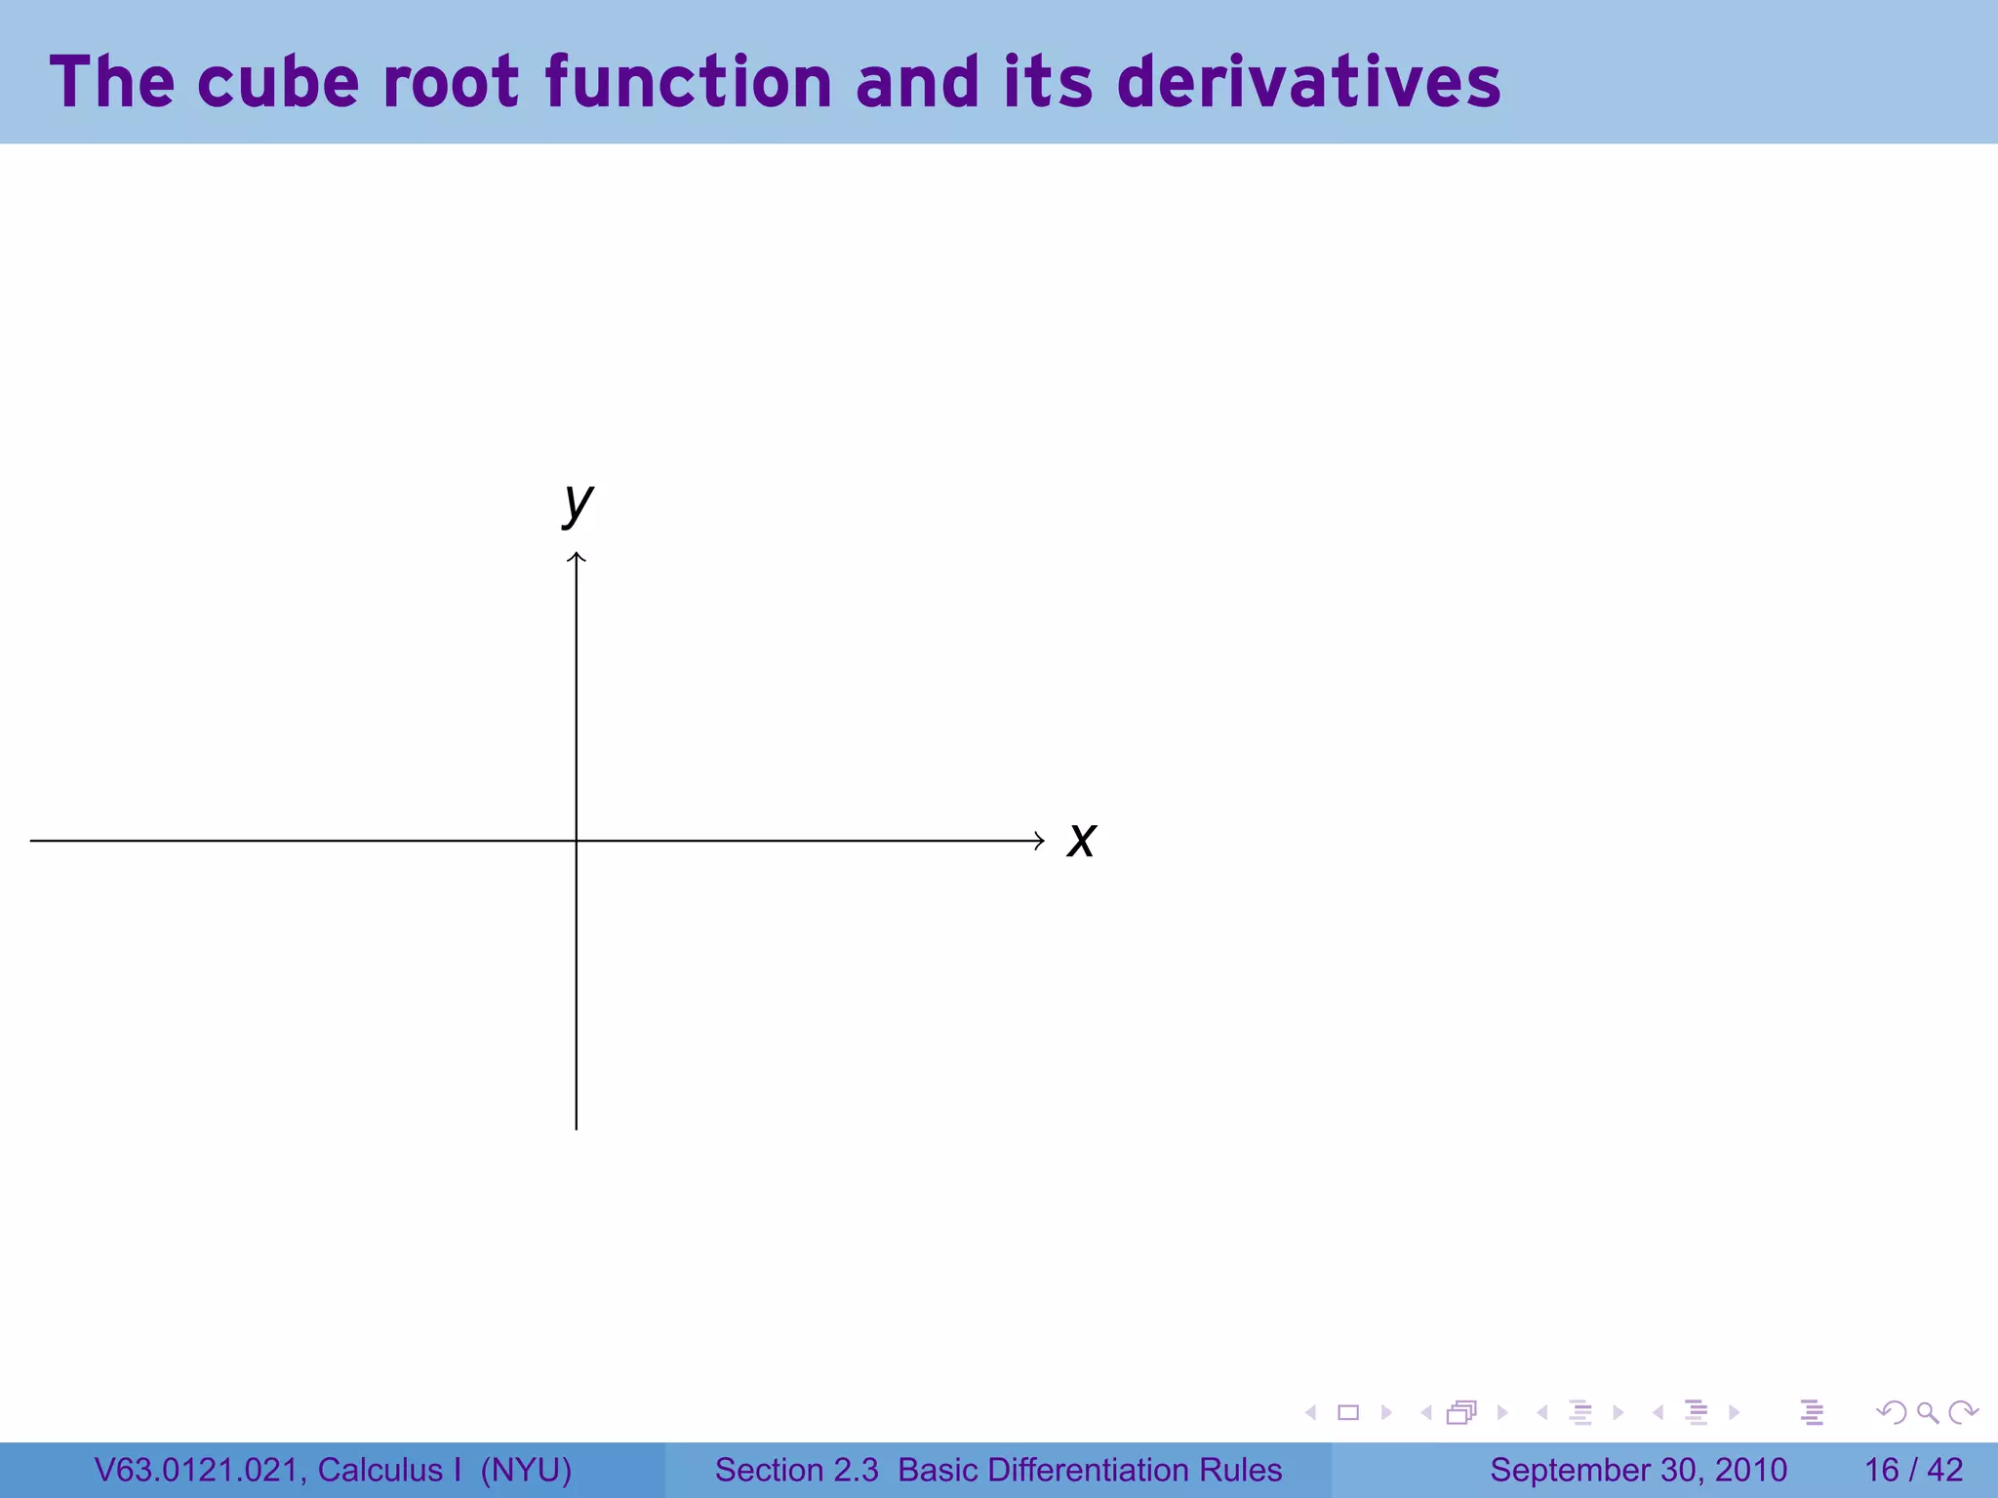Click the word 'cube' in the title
click(278, 82)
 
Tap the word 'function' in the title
click(689, 82)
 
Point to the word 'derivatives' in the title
click(1308, 82)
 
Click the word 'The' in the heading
click(111, 82)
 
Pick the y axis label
click(578, 503)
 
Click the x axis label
click(1081, 841)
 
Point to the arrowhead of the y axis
click(577, 557)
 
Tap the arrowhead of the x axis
click(1040, 841)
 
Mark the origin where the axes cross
click(577, 841)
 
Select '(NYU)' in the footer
click(526, 1470)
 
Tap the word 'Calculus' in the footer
click(380, 1470)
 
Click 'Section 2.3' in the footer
click(796, 1470)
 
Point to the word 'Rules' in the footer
click(1240, 1470)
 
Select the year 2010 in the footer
click(1750, 1470)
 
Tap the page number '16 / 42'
click(1913, 1470)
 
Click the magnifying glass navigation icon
click(1927, 1413)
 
